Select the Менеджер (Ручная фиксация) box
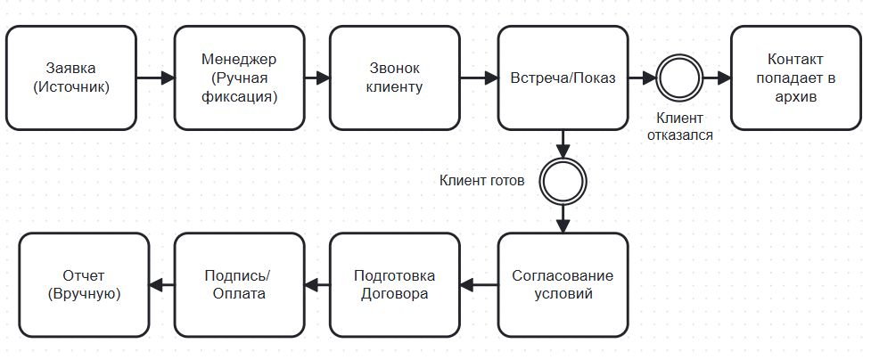(x=239, y=78)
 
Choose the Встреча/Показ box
(x=563, y=78)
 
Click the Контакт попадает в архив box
(x=795, y=78)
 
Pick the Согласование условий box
(x=563, y=285)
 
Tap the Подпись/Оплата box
(x=239, y=285)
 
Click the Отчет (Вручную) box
(x=85, y=285)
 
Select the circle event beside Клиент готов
(x=563, y=182)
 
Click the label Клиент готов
(x=481, y=180)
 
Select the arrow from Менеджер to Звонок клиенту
(x=316, y=78)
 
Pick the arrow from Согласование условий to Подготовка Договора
(x=479, y=285)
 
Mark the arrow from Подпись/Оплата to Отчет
(x=161, y=285)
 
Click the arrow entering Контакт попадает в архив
(x=716, y=78)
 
